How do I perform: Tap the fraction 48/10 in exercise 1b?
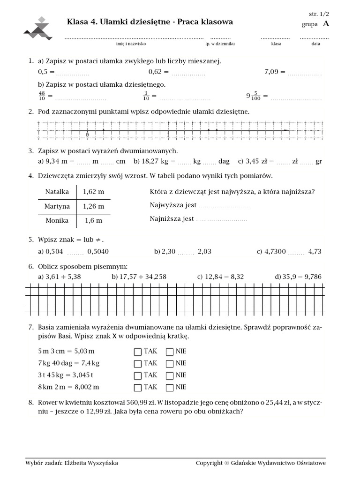point(42,96)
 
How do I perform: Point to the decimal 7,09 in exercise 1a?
point(271,72)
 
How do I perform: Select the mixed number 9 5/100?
point(254,96)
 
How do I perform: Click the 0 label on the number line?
point(87,135)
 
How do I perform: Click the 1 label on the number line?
point(168,135)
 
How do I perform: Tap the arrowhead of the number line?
point(286,130)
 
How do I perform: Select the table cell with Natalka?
point(57,191)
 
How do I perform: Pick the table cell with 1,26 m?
point(93,206)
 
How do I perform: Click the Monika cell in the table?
point(57,220)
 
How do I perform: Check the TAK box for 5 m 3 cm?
point(137,352)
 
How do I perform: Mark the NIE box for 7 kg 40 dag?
point(170,363)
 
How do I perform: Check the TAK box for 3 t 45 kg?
point(137,375)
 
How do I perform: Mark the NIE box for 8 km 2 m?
point(170,388)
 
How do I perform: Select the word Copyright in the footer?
point(209,463)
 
